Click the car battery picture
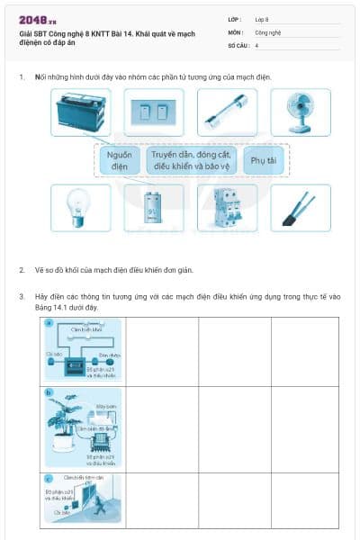(82, 112)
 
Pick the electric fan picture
(301, 112)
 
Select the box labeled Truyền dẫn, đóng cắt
(193, 160)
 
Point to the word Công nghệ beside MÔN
(267, 31)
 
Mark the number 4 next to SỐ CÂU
(257, 45)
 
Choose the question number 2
(21, 269)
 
